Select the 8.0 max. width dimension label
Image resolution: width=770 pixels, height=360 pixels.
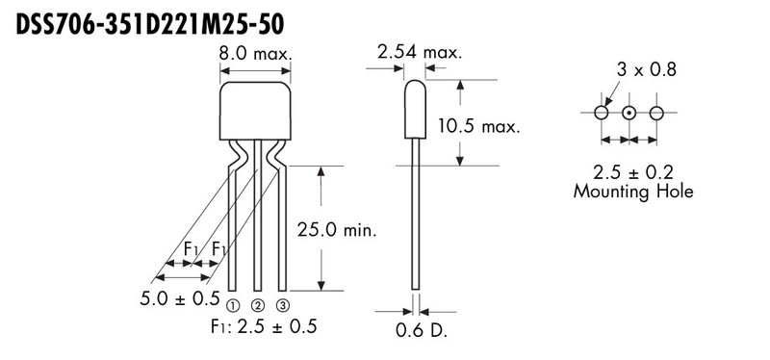[257, 55]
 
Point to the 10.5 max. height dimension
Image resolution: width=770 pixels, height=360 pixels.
[478, 126]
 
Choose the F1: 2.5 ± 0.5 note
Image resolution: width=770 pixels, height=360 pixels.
[261, 325]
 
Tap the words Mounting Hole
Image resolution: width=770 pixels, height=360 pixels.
[632, 192]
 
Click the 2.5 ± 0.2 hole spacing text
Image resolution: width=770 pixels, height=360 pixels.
[632, 172]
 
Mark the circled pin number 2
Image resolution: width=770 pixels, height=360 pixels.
[257, 306]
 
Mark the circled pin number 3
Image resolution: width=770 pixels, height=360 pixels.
[283, 306]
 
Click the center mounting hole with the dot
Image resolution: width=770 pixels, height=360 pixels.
[629, 113]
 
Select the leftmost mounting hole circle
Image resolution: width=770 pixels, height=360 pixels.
[602, 113]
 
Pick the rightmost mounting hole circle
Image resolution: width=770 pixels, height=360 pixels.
[656, 113]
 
